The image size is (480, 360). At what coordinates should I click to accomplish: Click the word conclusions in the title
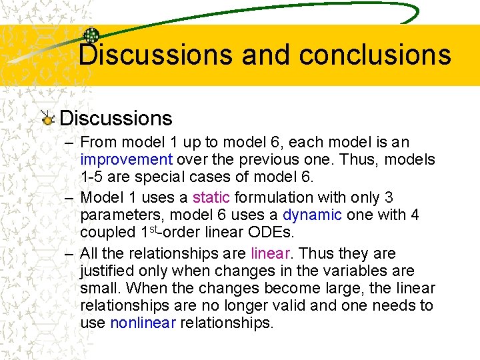point(375,55)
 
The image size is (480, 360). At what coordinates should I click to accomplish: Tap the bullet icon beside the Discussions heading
point(47,119)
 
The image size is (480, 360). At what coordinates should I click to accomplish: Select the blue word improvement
point(126,160)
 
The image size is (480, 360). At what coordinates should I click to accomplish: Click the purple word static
point(211,197)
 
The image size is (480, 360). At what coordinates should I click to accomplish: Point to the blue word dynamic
point(312,215)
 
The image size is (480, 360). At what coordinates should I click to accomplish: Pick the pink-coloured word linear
point(270,253)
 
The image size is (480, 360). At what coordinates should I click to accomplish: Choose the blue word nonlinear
point(143,323)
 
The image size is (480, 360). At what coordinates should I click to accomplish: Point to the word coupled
point(107,232)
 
